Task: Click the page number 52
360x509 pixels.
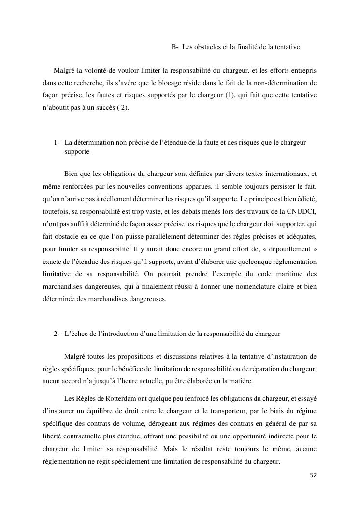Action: click(313, 475)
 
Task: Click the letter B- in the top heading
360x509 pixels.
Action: click(175, 47)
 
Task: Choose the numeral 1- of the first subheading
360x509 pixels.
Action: click(57, 143)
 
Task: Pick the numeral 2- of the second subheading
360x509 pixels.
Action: click(57, 334)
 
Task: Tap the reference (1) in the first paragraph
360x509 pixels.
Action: click(230, 95)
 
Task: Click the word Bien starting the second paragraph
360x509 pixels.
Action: click(71, 173)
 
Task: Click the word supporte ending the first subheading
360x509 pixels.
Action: click(76, 152)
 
